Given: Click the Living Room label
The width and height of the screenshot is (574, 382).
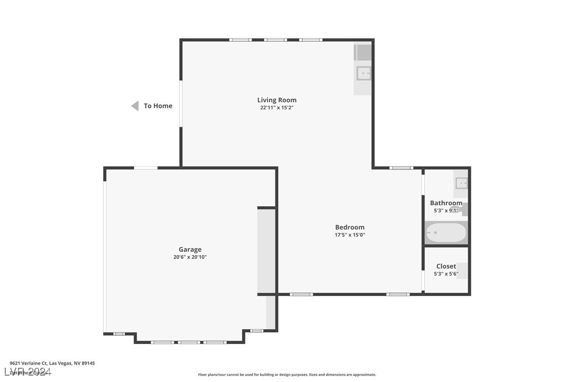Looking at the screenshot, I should [276, 100].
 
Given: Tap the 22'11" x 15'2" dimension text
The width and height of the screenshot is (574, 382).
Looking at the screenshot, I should [276, 108].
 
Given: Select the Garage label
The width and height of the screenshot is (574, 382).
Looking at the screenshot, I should [190, 250].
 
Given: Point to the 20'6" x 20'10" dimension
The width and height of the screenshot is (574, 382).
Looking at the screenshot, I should [190, 257].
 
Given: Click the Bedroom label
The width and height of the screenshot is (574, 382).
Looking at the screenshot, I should [349, 227].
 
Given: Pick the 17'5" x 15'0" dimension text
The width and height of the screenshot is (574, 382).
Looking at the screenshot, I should [349, 235].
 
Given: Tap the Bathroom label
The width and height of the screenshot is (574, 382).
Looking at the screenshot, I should [446, 203].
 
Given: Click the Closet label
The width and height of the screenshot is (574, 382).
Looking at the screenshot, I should [446, 266].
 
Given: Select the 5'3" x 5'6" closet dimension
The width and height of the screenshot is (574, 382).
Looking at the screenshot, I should [446, 274].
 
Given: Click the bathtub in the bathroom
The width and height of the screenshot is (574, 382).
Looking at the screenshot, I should [446, 233].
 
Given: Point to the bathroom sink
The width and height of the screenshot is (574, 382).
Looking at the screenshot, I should [461, 184].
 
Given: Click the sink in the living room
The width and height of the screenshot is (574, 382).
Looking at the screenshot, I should [363, 73].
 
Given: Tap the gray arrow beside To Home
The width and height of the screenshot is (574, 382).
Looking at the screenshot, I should [135, 106].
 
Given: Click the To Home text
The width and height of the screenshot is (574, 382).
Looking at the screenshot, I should [158, 106].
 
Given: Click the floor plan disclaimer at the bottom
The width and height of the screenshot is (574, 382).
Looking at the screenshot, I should [287, 375].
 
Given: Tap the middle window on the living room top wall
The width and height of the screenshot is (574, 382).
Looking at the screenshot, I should [275, 40].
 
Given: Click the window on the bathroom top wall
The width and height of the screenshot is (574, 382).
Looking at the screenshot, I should [401, 168].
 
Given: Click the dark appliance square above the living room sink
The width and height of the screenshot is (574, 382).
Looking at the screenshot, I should [363, 53].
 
